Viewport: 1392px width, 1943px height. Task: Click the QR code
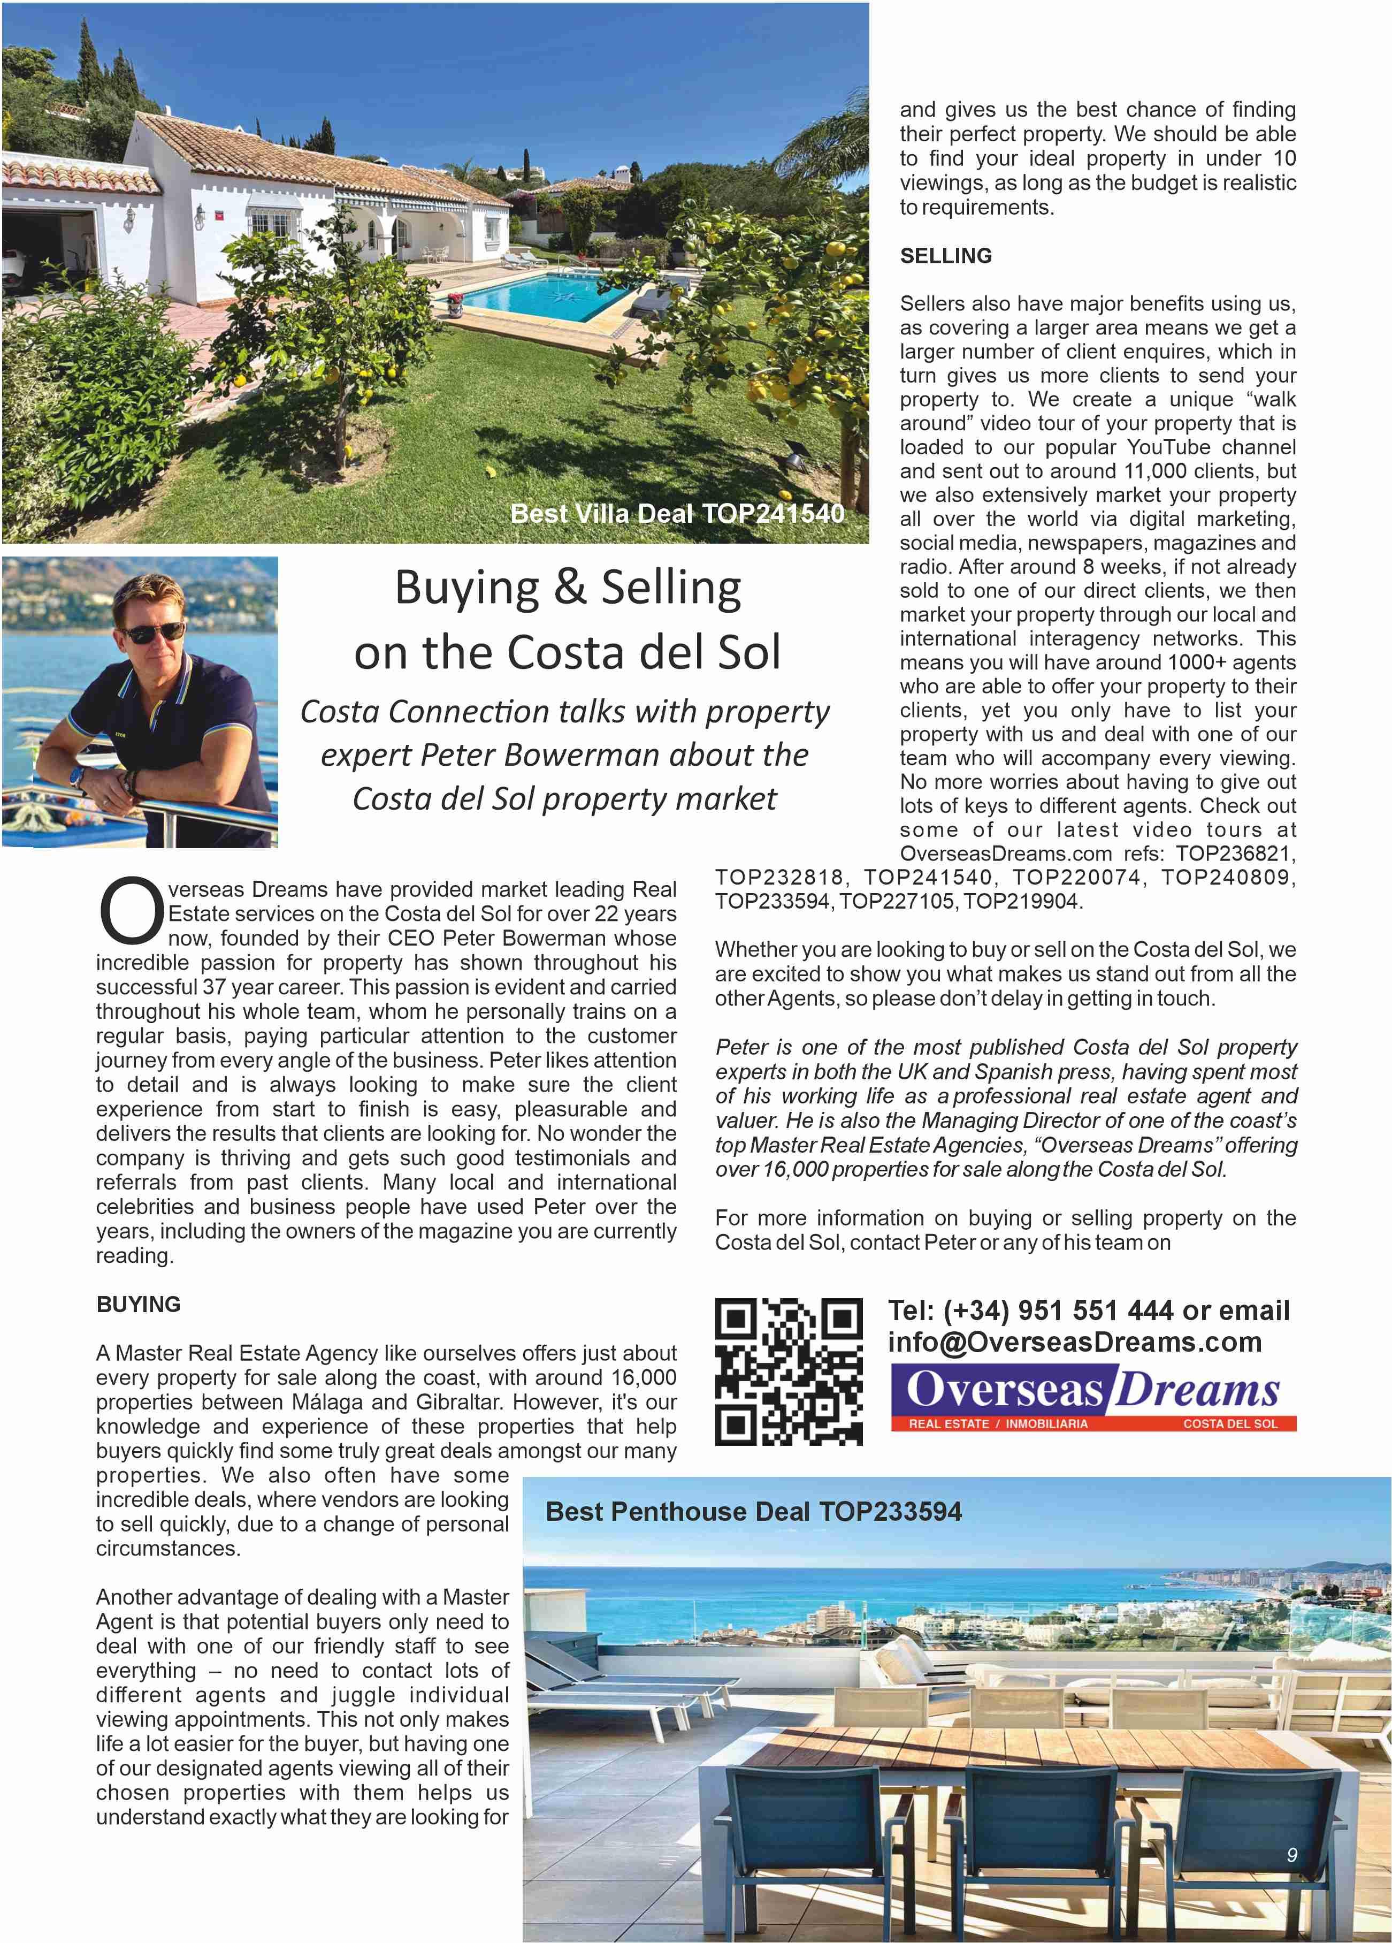[788, 1371]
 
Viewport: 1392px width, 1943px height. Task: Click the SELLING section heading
[946, 256]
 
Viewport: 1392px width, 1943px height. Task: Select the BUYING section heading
[139, 1305]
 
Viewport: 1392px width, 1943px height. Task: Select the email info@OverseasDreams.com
[1074, 1343]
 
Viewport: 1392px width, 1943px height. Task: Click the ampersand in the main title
[570, 589]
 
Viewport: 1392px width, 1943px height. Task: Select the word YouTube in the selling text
[1168, 447]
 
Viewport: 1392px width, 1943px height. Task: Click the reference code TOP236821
[1235, 854]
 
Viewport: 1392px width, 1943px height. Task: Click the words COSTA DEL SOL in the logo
[1230, 1424]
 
